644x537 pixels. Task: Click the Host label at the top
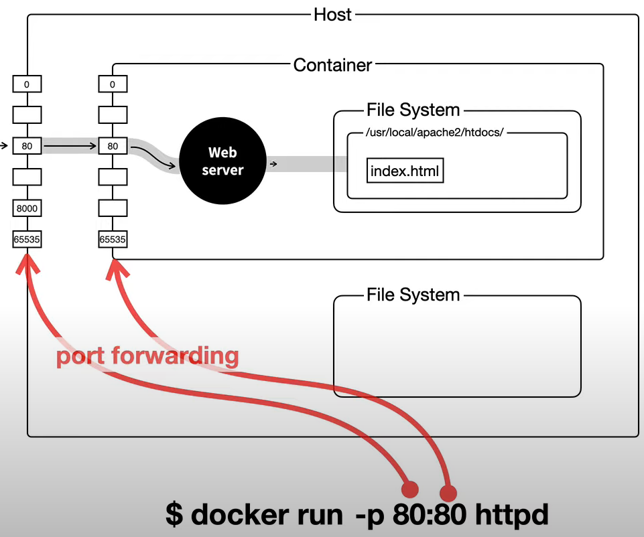[332, 15]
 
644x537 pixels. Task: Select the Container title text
[332, 65]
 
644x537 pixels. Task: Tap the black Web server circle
[222, 161]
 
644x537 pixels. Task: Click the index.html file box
[405, 170]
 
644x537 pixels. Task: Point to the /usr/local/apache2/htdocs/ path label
[434, 132]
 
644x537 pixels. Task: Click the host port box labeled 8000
[27, 208]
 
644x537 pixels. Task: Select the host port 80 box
[27, 146]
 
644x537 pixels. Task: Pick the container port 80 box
[113, 146]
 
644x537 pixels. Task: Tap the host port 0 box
[27, 84]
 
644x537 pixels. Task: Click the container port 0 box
[113, 84]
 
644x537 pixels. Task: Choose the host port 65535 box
[27, 239]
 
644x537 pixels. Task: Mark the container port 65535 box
[113, 239]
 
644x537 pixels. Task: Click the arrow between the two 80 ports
[70, 146]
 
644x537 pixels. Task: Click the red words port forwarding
[147, 356]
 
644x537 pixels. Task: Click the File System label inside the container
[413, 110]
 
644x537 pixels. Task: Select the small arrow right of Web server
[273, 164]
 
